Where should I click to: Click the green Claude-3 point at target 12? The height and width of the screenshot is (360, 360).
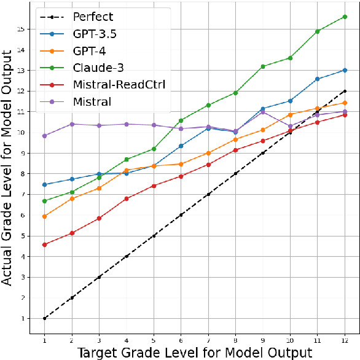[x=345, y=17]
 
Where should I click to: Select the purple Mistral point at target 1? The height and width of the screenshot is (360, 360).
[x=45, y=136]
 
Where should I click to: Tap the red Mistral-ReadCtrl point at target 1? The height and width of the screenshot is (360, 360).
[x=45, y=245]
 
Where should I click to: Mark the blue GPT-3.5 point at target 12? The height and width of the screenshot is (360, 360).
[x=345, y=70]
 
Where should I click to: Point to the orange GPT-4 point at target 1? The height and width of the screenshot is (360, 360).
[x=45, y=216]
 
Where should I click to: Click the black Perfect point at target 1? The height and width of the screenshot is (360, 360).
[x=45, y=318]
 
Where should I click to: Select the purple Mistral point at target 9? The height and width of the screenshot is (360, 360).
[x=263, y=112]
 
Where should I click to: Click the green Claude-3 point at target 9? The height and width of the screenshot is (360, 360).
[x=263, y=66]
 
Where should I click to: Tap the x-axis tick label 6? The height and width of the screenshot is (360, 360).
[x=181, y=340]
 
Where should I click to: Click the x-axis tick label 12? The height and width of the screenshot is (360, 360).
[x=345, y=340]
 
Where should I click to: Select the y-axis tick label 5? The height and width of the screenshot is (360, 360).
[x=22, y=236]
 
